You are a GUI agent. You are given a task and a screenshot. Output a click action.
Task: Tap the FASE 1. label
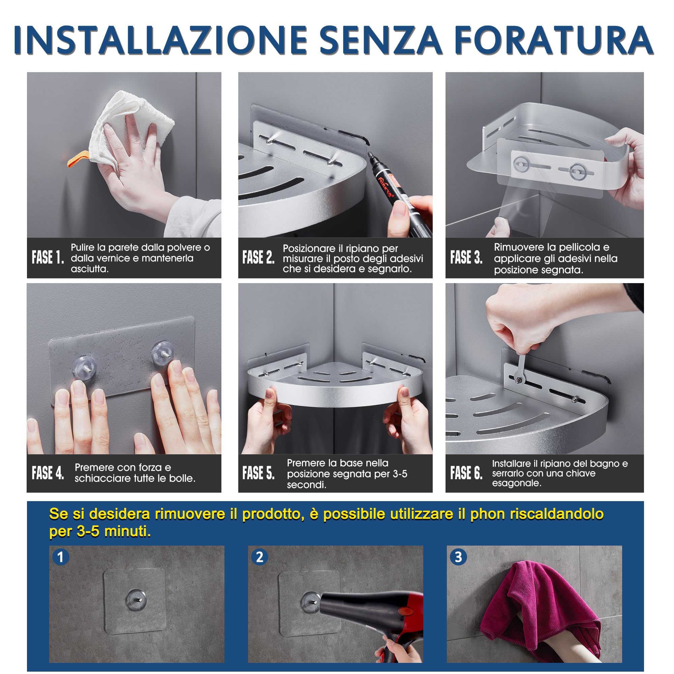[x=48, y=257]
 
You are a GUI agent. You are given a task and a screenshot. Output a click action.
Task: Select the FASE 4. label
[x=48, y=473]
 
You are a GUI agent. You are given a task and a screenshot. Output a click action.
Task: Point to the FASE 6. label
[x=466, y=473]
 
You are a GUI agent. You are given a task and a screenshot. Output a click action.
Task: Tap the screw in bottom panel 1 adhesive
[x=136, y=600]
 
